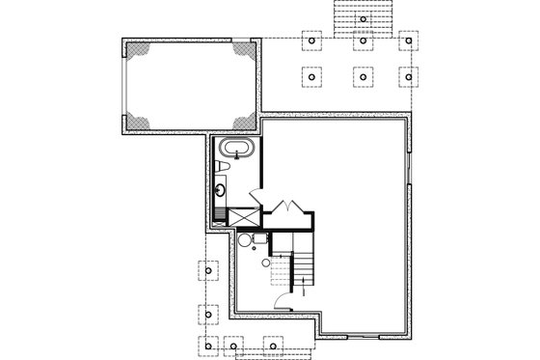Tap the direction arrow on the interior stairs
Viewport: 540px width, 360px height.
(x=307, y=286)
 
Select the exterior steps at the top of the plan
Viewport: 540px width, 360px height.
(x=361, y=16)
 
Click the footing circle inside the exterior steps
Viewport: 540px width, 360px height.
(x=361, y=18)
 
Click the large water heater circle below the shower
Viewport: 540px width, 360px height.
(x=247, y=241)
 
